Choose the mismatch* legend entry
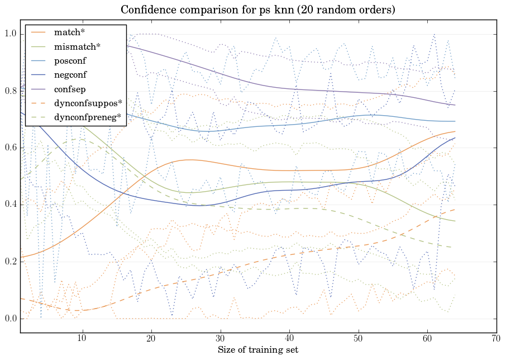coord(73,46)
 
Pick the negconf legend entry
coord(70,75)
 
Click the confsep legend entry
coord(69,89)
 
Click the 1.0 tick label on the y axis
coord(10,34)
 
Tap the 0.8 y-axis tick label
coord(10,91)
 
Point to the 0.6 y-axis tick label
coord(10,148)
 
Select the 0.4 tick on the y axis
coord(10,205)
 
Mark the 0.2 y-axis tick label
coord(10,262)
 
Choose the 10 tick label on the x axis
coord(82,339)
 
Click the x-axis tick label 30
coord(221,339)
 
